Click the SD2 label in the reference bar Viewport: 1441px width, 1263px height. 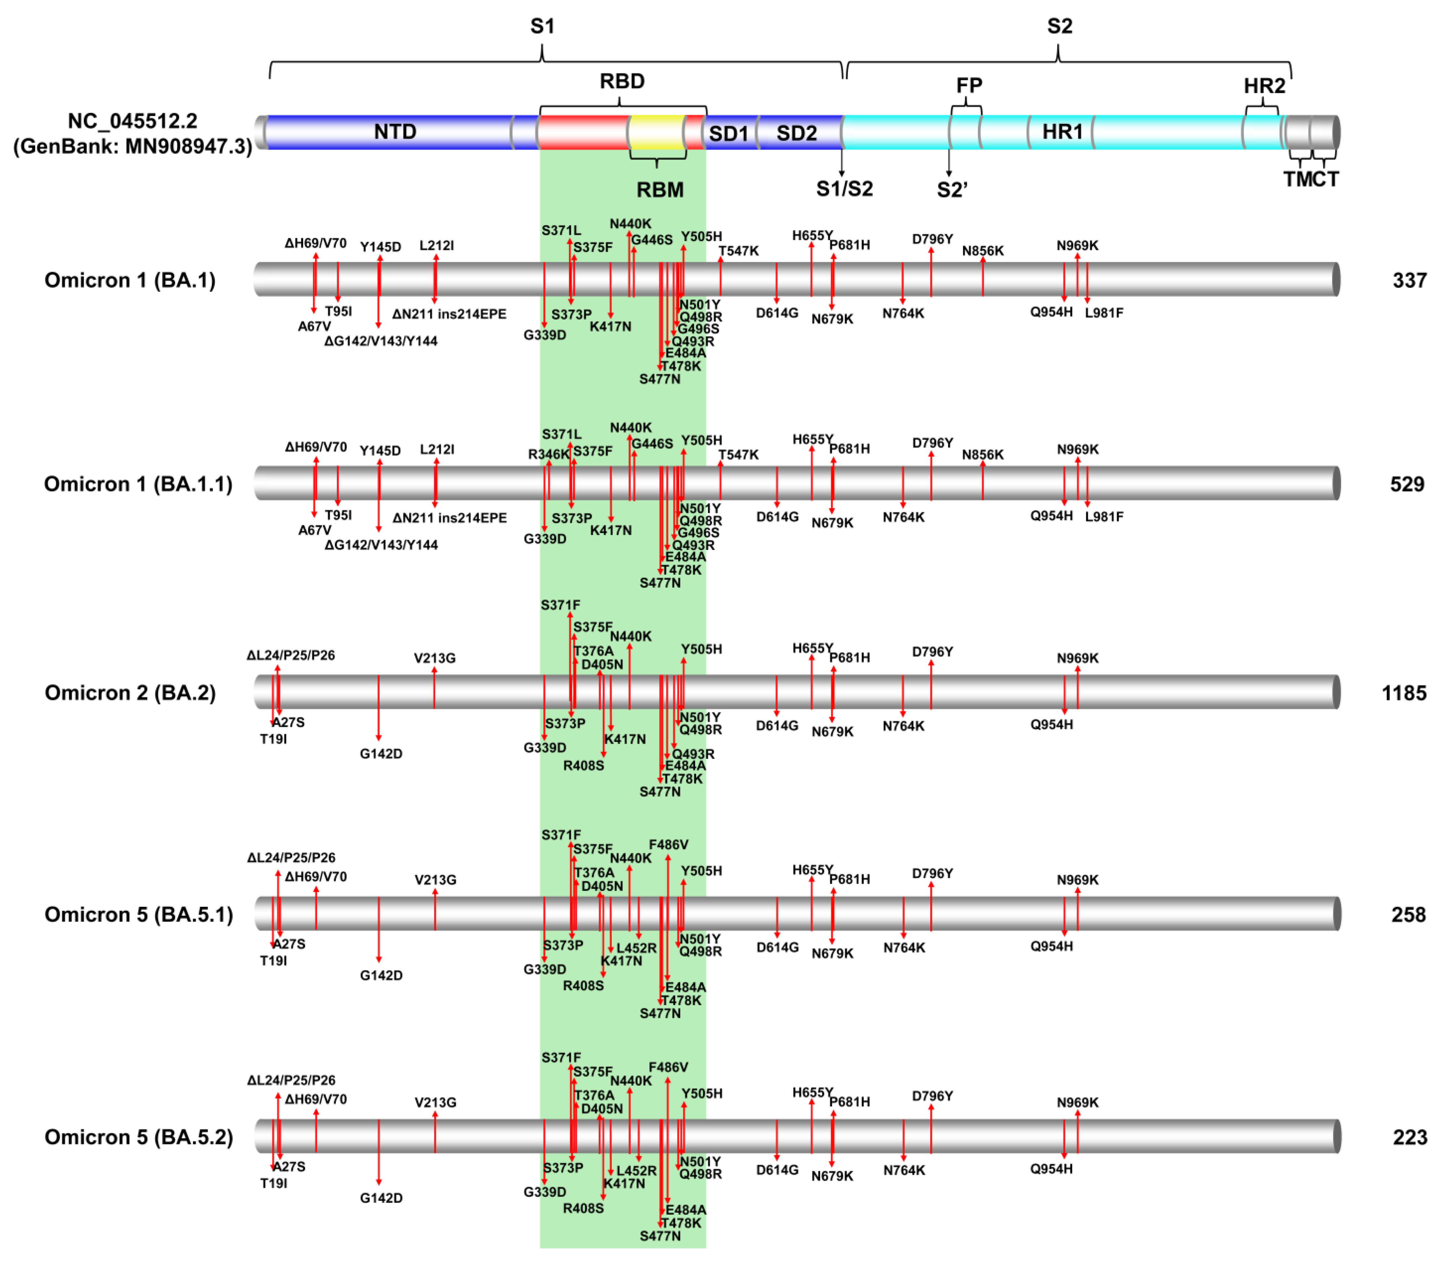(796, 133)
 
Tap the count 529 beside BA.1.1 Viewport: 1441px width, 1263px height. (1407, 484)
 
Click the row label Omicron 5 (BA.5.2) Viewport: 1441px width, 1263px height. (138, 1137)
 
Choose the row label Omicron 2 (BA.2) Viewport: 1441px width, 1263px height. (130, 693)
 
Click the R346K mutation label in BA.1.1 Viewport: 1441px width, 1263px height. (548, 455)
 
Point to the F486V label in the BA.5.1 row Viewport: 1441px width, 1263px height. (668, 844)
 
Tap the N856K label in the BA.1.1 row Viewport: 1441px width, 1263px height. (982, 455)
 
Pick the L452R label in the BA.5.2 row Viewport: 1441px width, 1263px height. (636, 1171)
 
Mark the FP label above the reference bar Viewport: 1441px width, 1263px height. (969, 85)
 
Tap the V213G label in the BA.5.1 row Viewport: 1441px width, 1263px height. (435, 880)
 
